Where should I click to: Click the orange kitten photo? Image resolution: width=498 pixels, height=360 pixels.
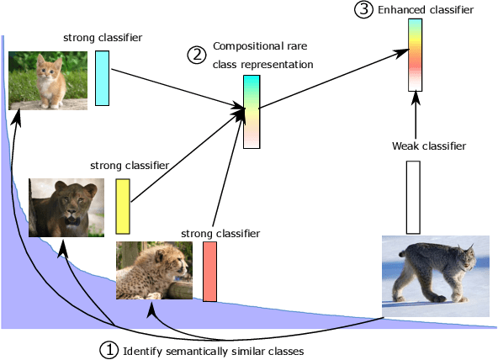pos(47,80)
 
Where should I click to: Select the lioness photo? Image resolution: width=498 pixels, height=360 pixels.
pos(66,207)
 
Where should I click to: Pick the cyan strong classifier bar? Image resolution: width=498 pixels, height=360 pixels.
pos(102,78)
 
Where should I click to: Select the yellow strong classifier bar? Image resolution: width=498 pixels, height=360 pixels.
pos(123,206)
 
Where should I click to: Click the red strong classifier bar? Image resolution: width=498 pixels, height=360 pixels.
pos(209,271)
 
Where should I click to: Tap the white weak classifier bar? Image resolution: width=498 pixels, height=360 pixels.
pos(413,197)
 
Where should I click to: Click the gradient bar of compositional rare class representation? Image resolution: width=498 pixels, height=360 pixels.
pos(252,112)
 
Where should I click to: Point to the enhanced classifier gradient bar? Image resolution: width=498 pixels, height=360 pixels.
pos(415,54)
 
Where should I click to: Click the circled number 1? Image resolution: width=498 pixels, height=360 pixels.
pos(109,349)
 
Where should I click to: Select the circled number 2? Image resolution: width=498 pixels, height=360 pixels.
pos(196,56)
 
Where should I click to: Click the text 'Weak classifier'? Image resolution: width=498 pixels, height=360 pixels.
pos(429,146)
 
